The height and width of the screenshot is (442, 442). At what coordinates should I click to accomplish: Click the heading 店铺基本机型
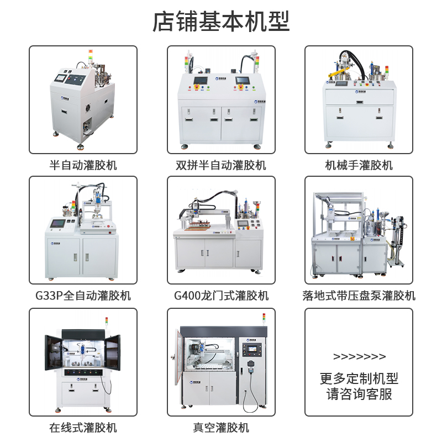pyautogui.click(x=221, y=22)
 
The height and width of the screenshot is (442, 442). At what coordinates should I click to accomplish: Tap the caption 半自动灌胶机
pyautogui.click(x=83, y=165)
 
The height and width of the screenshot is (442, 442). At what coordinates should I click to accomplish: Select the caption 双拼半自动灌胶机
pyautogui.click(x=221, y=165)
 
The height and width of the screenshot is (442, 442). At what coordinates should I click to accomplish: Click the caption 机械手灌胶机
pyautogui.click(x=359, y=165)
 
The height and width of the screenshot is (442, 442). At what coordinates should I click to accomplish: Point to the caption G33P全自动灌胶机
pyautogui.click(x=83, y=296)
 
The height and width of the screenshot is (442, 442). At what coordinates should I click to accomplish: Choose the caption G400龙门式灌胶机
pyautogui.click(x=221, y=296)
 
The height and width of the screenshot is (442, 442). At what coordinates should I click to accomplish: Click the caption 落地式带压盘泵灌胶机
pyautogui.click(x=359, y=296)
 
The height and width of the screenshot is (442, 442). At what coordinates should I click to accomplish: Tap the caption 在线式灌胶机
pyautogui.click(x=83, y=427)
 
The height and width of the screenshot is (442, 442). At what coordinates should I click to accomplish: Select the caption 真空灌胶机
pyautogui.click(x=221, y=427)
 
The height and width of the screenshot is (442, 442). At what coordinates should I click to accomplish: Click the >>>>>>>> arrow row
pyautogui.click(x=359, y=356)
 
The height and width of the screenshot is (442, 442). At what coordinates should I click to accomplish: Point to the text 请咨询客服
pyautogui.click(x=359, y=394)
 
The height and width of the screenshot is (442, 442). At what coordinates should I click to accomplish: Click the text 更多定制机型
pyautogui.click(x=359, y=378)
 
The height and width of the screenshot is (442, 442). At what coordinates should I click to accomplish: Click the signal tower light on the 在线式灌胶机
pyautogui.click(x=107, y=323)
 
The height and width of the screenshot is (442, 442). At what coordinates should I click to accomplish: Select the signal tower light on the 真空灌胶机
pyautogui.click(x=264, y=319)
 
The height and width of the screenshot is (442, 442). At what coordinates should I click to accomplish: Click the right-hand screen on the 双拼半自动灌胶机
pyautogui.click(x=243, y=81)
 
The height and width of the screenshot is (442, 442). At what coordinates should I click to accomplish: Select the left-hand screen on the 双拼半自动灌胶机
pyautogui.click(x=199, y=81)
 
